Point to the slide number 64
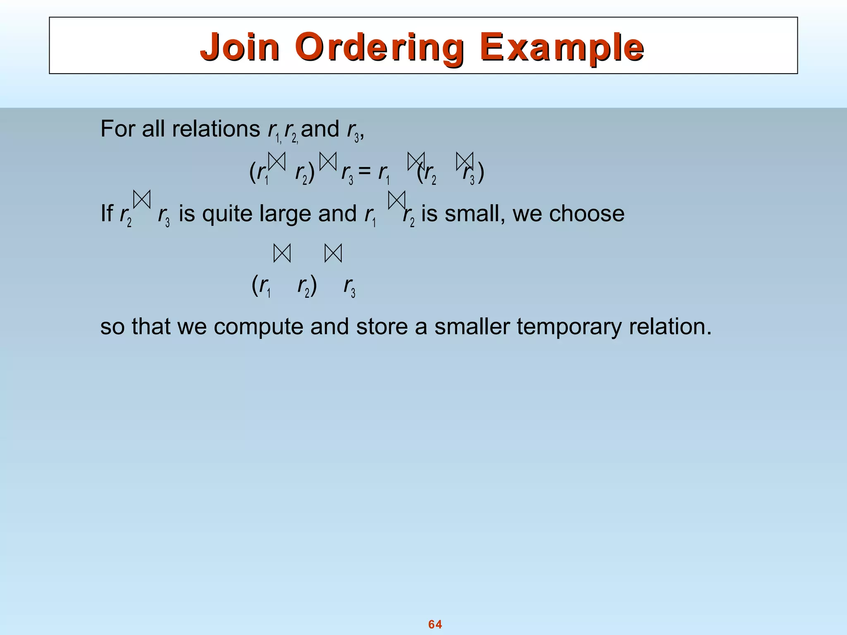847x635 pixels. click(x=435, y=624)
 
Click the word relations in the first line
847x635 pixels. click(x=216, y=129)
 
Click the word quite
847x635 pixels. click(x=228, y=214)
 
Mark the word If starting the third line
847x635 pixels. click(x=106, y=214)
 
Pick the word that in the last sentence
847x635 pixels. click(x=151, y=327)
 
